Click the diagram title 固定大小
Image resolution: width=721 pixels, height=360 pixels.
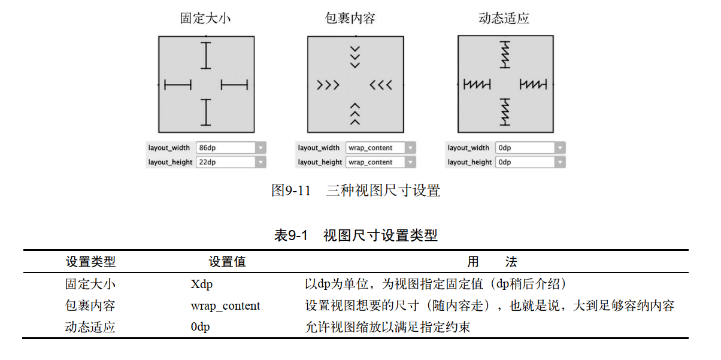click(205, 19)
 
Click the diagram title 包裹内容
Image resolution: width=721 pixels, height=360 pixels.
click(355, 19)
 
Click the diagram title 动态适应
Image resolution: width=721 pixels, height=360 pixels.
click(504, 19)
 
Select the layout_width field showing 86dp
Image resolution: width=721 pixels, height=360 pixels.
click(225, 148)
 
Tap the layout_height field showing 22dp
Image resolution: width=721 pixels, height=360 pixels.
click(225, 162)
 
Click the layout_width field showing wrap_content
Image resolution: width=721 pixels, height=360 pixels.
click(375, 148)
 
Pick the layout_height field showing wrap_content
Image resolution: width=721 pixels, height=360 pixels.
click(375, 162)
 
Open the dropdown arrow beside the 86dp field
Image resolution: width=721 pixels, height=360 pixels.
click(260, 148)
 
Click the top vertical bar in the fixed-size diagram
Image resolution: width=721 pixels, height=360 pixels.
click(206, 56)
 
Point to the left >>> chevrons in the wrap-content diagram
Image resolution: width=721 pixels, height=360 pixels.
click(328, 85)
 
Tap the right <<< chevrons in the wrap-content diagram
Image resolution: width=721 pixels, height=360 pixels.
click(381, 85)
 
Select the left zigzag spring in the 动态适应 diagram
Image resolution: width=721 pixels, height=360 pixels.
click(477, 85)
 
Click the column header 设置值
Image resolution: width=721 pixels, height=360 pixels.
click(227, 262)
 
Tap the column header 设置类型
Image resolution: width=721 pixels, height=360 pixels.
click(90, 262)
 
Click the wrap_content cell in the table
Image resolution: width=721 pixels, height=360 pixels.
click(225, 306)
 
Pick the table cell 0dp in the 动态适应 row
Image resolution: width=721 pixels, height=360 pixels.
click(201, 328)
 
